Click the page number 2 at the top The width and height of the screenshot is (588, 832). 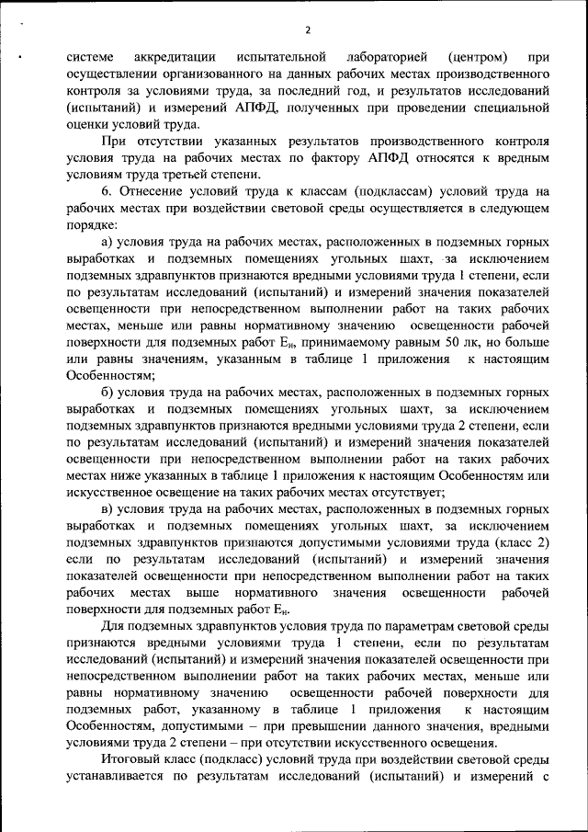(x=308, y=28)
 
